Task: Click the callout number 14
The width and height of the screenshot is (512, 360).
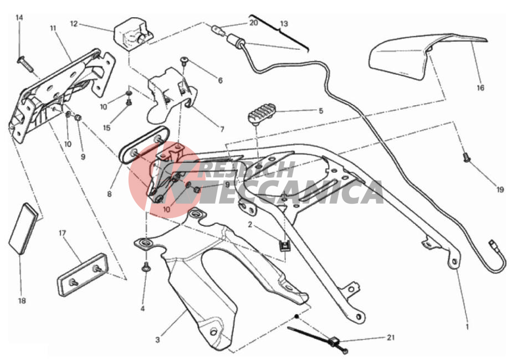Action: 19,18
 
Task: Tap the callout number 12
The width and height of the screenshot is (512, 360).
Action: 74,24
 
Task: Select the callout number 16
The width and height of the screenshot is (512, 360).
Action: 480,88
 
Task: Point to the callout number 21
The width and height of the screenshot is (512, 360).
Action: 391,337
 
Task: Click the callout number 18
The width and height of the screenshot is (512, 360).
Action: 22,301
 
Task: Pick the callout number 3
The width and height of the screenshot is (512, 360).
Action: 158,340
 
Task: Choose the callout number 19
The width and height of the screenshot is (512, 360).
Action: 500,189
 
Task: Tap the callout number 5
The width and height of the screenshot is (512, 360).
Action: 321,111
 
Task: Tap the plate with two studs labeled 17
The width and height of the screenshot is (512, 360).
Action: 83,275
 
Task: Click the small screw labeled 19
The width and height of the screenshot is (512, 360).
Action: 467,158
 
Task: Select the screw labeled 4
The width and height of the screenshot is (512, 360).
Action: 145,268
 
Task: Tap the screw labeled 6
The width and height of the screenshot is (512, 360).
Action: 185,60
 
